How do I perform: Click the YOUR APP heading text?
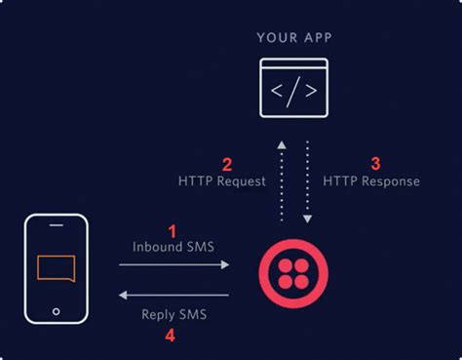coord(294,38)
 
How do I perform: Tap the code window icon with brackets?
coord(294,90)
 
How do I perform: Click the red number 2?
coord(227,164)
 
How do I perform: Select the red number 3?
coord(376,164)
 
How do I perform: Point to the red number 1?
coord(173,231)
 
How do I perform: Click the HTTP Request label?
coord(222,181)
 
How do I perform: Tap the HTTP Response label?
coord(371,181)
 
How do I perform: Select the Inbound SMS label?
coord(173,248)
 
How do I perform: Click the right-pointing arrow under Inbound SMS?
coord(181,264)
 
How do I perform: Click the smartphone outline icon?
coord(56,270)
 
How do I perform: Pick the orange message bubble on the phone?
coord(56,268)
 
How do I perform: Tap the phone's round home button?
coord(56,314)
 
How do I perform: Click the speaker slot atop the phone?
coord(56,228)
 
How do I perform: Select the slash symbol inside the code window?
coord(294,93)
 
